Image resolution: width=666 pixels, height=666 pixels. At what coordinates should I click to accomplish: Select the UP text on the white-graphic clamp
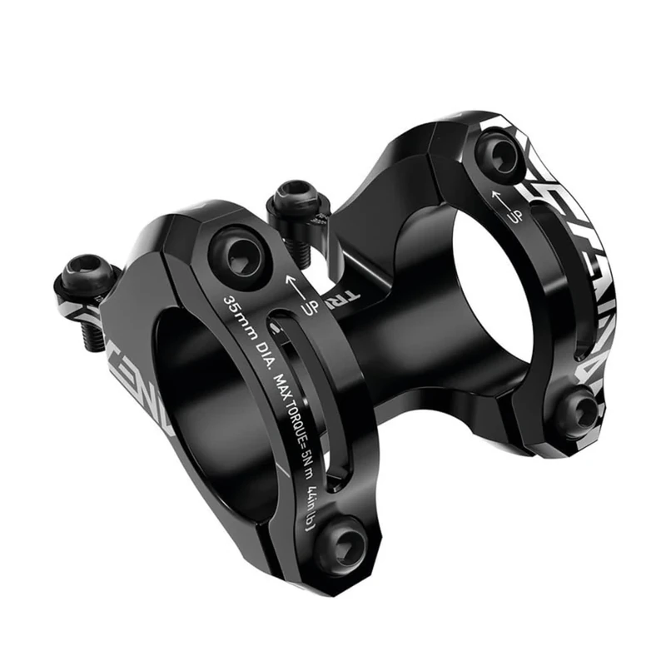[x=514, y=216]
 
